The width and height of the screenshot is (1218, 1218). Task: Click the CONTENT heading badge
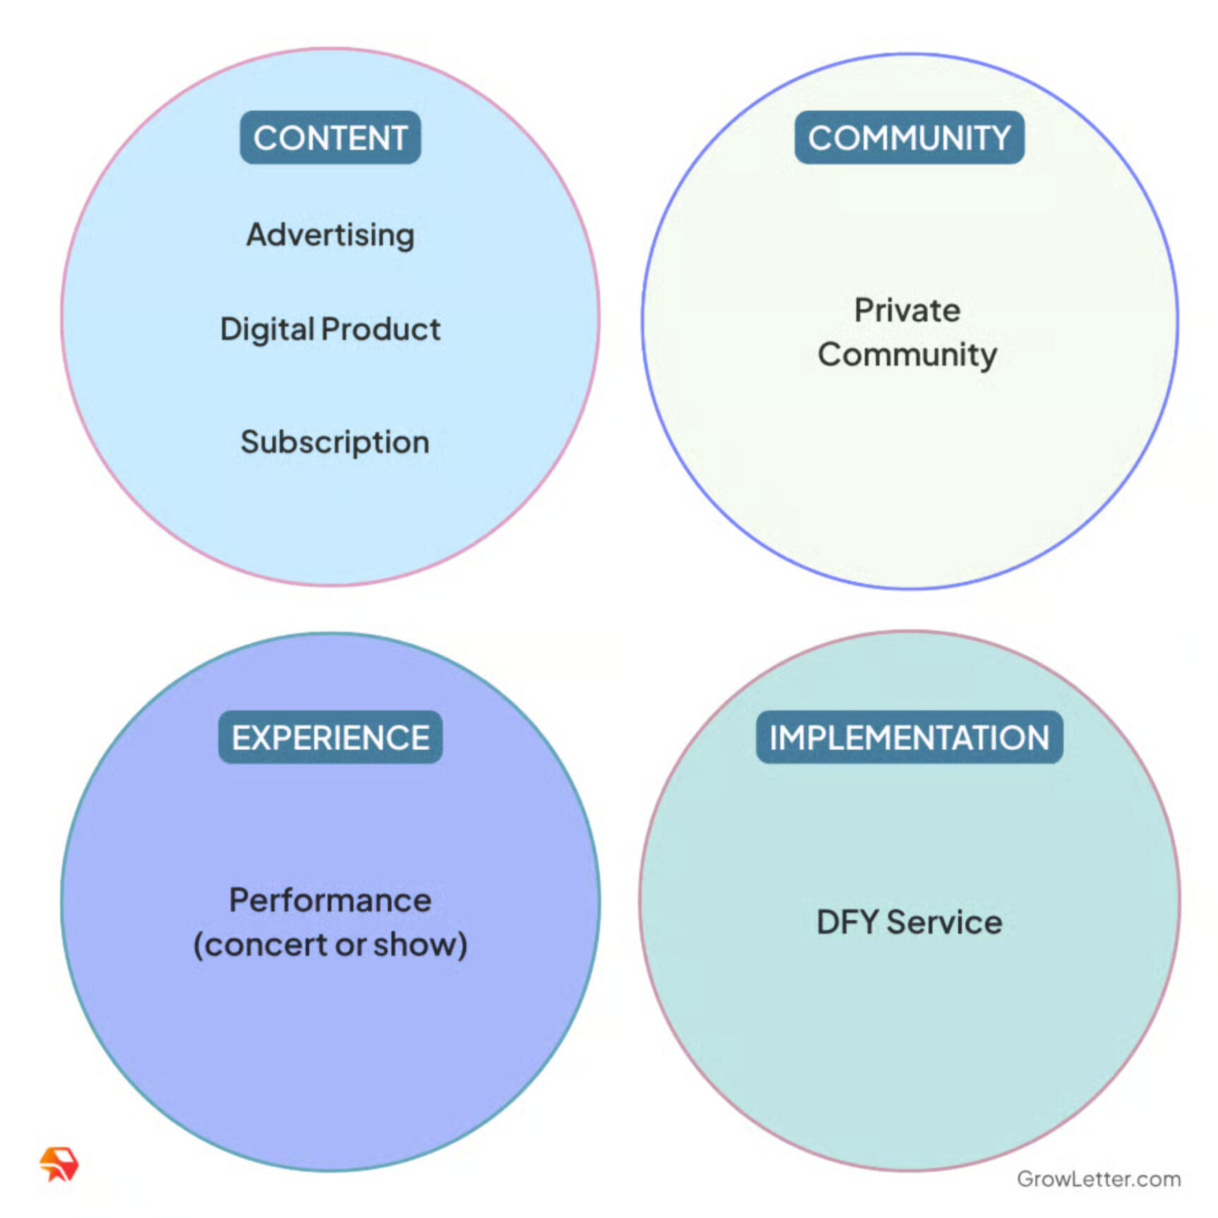(330, 138)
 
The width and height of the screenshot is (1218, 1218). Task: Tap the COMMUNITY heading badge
(909, 138)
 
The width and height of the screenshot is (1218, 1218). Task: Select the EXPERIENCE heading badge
(330, 737)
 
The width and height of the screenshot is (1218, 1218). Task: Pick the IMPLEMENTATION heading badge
(909, 737)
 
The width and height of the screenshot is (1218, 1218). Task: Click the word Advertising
(330, 235)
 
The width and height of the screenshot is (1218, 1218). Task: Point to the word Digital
(267, 330)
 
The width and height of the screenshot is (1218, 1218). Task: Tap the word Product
(381, 329)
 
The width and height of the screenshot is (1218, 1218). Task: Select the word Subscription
(335, 443)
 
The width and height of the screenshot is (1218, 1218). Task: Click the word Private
(907, 310)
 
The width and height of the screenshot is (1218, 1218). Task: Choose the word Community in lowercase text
(907, 355)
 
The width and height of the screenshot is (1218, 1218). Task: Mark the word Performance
(330, 900)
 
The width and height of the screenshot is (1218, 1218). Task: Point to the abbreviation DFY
(848, 922)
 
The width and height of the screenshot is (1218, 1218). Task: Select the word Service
(944, 922)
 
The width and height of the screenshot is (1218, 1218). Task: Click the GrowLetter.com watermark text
(1099, 1178)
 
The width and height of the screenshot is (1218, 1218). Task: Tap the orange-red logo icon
(59, 1164)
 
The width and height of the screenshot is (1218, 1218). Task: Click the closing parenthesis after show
(462, 945)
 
